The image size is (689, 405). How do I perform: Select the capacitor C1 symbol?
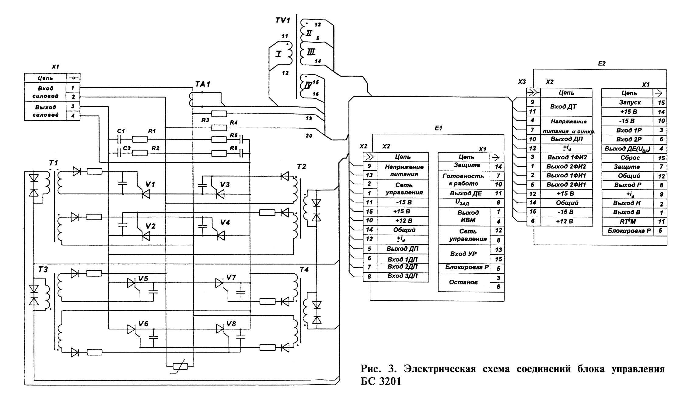(119, 140)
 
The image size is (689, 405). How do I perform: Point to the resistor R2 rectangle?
(140, 153)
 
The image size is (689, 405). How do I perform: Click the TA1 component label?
(203, 84)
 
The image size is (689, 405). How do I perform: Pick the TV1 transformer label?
(283, 20)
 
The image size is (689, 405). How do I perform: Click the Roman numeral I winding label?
(278, 54)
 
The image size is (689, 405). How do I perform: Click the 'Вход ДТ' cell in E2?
(563, 107)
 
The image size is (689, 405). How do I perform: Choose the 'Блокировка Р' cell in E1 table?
(467, 267)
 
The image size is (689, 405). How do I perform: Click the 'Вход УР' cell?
(463, 254)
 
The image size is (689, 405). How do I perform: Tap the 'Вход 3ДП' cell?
(402, 276)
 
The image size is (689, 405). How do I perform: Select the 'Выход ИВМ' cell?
(468, 216)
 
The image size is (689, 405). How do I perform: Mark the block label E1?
(438, 128)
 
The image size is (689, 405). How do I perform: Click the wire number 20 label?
(309, 136)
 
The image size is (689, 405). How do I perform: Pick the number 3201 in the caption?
(390, 382)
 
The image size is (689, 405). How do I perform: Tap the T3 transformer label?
(43, 270)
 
